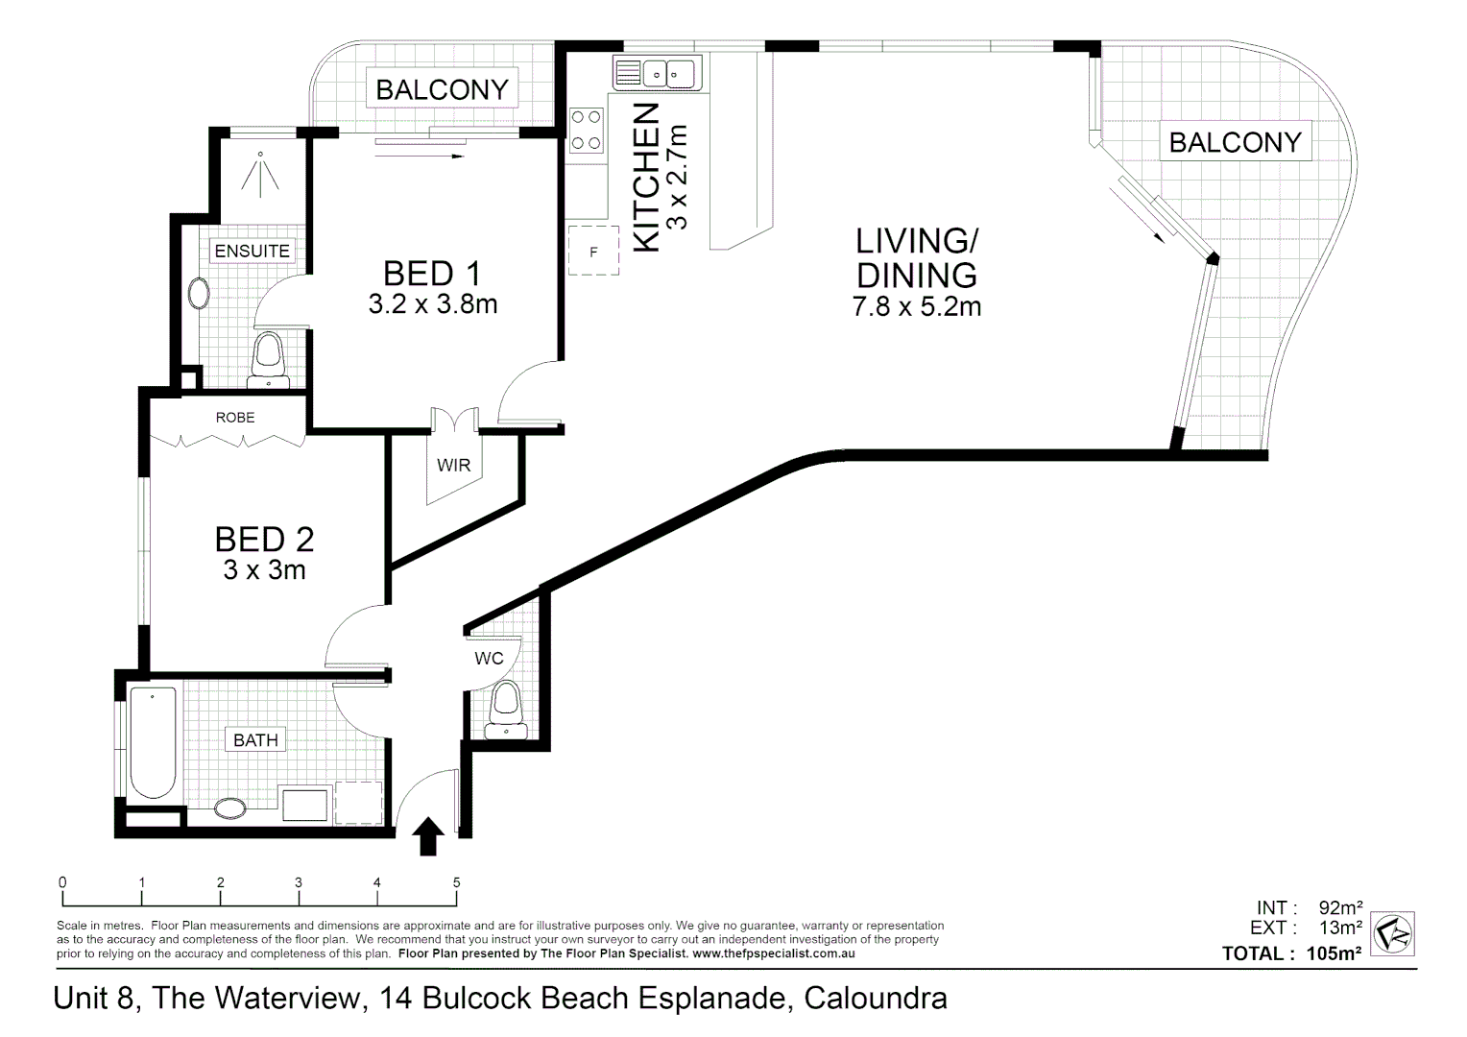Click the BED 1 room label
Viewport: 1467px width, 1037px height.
431,274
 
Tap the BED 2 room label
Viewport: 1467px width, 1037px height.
264,539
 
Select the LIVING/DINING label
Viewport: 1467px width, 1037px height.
916,256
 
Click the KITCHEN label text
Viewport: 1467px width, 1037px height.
649,178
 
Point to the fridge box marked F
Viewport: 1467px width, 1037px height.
593,252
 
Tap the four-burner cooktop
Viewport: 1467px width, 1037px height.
587,131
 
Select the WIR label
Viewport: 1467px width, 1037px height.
453,466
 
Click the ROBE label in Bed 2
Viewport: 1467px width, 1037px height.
235,418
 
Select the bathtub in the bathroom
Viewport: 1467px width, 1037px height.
153,741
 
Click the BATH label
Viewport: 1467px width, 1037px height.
255,740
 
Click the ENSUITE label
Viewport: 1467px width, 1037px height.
252,251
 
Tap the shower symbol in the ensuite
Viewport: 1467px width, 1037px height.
260,172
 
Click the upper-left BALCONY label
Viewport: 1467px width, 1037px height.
442,89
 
